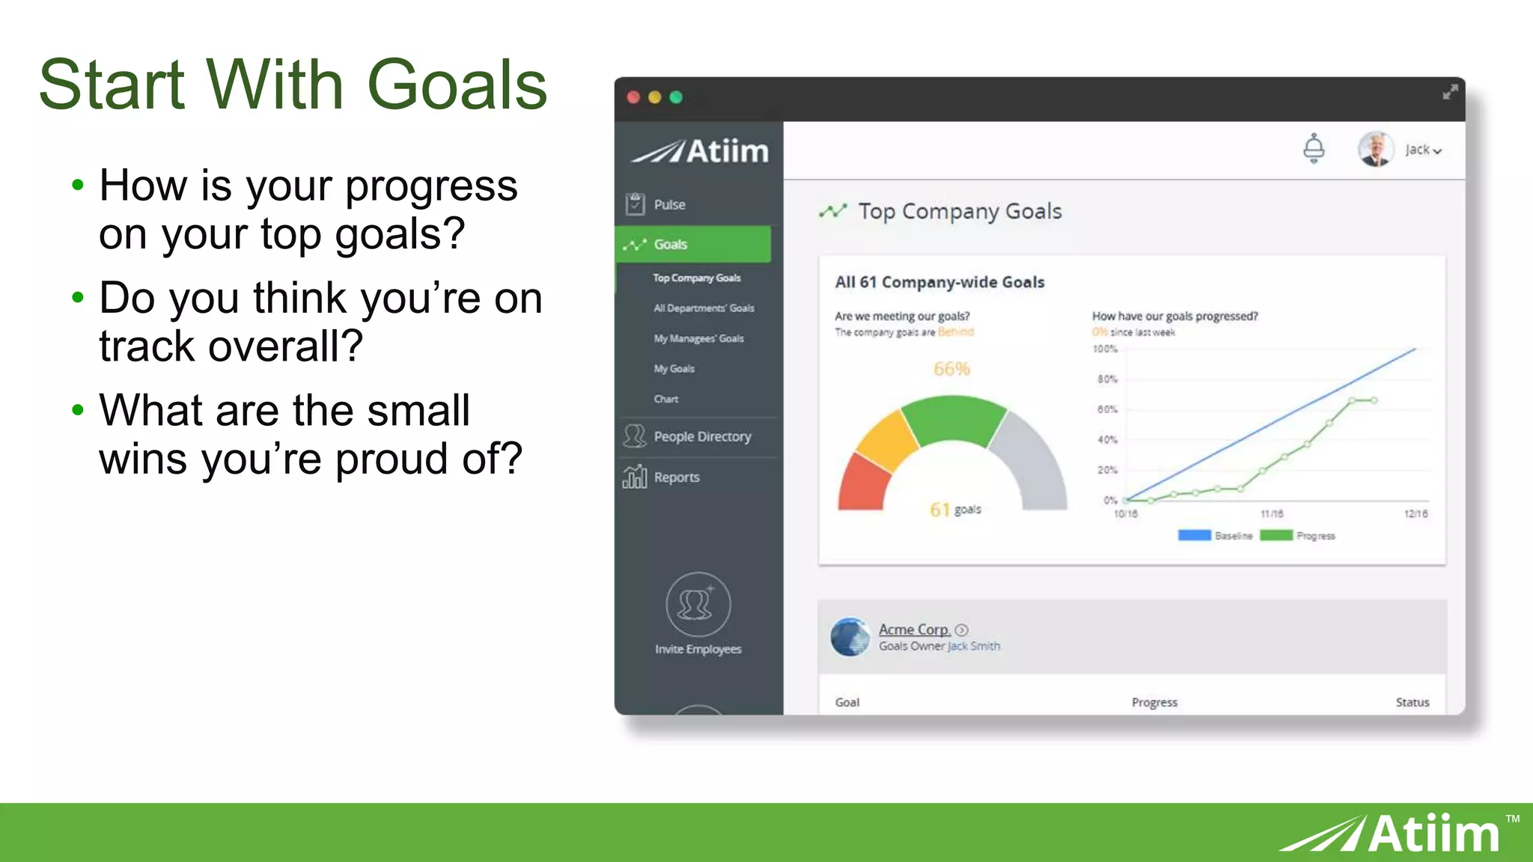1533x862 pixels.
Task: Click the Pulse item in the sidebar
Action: pos(668,204)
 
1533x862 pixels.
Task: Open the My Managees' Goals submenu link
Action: pos(698,338)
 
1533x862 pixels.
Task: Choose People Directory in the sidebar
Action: pos(701,436)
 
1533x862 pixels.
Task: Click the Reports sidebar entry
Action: pos(676,477)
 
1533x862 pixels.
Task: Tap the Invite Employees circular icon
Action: pos(698,605)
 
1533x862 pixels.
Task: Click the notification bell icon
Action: pos(1313,148)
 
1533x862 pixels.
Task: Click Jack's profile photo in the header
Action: pos(1375,149)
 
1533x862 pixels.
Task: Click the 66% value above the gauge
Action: pos(951,369)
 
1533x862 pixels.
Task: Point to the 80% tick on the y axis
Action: pos(1107,379)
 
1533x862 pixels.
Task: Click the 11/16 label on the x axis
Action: pos(1272,514)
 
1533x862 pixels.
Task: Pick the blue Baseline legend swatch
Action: pos(1194,536)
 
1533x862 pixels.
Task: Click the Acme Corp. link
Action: pos(914,629)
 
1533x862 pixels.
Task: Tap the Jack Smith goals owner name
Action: pos(974,646)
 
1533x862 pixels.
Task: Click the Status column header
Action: pos(1412,702)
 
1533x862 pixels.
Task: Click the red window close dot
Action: pos(633,97)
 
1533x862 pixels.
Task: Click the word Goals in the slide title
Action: pos(457,85)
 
